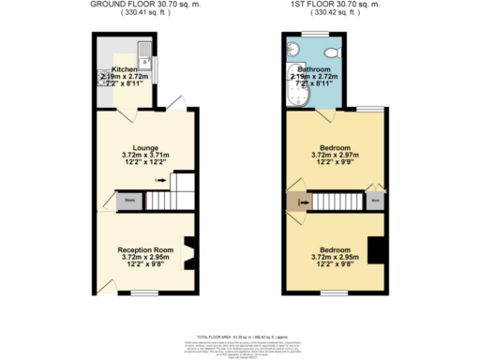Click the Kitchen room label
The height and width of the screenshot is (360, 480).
pyautogui.click(x=125, y=69)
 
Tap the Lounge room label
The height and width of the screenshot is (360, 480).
pyautogui.click(x=146, y=146)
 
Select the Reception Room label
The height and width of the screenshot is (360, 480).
pyautogui.click(x=145, y=250)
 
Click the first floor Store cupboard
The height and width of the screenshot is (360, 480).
pyautogui.click(x=375, y=200)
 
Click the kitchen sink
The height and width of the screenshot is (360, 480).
pyautogui.click(x=142, y=49)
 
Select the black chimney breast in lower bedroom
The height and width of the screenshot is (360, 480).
pyautogui.click(x=376, y=251)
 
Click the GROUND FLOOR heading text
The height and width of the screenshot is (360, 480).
pyautogui.click(x=146, y=5)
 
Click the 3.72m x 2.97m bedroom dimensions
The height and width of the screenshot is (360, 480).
pyautogui.click(x=336, y=156)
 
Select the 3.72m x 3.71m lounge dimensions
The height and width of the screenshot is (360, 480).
pyautogui.click(x=146, y=156)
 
